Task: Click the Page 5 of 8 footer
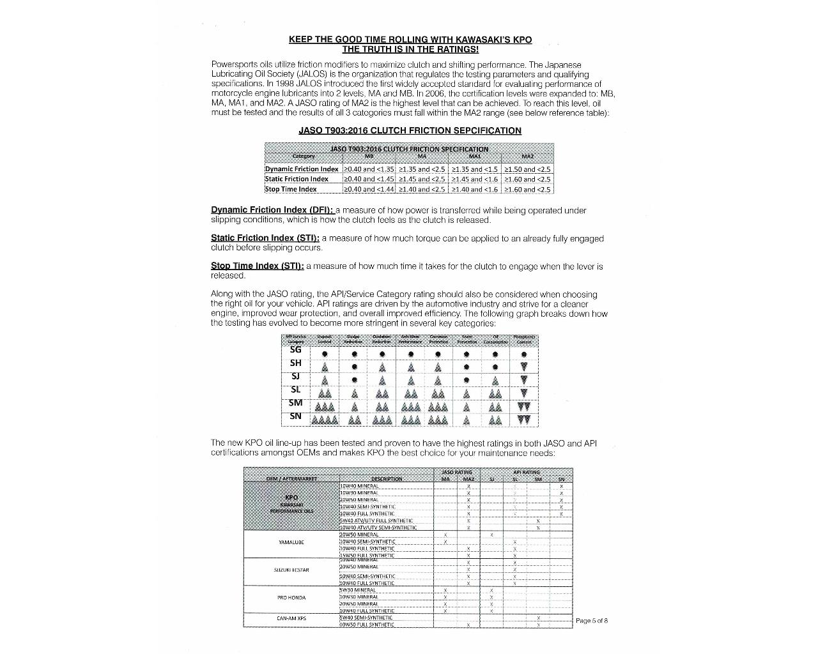(591, 620)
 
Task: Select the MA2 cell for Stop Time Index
(527, 189)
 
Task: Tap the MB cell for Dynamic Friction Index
(369, 169)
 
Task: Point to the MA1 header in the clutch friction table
(475, 156)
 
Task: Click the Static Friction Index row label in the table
(297, 179)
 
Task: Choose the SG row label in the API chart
(295, 349)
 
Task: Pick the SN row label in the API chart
(295, 416)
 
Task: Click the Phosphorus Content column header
(524, 339)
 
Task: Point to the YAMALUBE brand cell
(291, 542)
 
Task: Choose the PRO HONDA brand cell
(291, 598)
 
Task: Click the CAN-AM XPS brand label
(291, 618)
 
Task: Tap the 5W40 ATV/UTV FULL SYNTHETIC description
(376, 521)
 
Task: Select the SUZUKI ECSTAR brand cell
(291, 570)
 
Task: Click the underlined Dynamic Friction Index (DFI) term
(272, 210)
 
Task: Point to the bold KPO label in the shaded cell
(291, 498)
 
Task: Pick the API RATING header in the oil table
(526, 473)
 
